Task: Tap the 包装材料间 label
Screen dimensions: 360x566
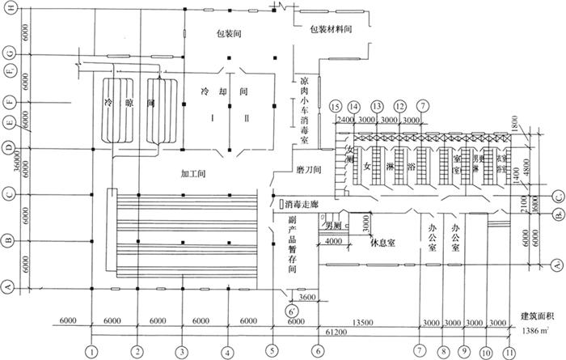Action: click(x=333, y=28)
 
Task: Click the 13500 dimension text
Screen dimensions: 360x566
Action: click(x=367, y=320)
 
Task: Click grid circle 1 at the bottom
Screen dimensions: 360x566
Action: click(x=94, y=352)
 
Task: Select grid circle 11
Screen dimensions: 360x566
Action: click(x=509, y=352)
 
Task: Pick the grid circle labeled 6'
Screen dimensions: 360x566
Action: click(x=288, y=311)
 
